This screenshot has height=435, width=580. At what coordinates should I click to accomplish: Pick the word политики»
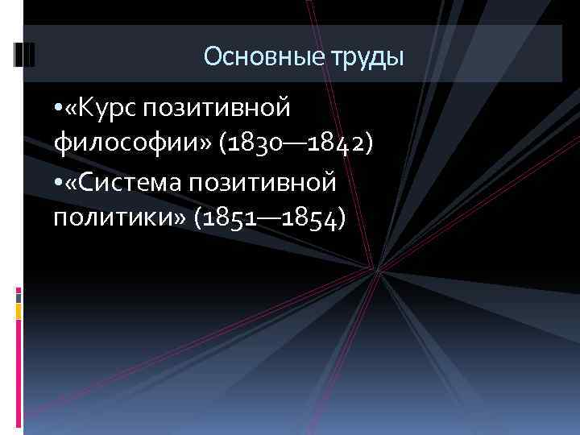click(x=119, y=218)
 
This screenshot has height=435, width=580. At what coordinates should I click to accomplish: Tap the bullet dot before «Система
click(x=59, y=184)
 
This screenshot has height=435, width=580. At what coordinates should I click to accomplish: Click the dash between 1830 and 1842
click(x=288, y=146)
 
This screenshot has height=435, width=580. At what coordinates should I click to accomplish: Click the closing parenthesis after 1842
click(x=367, y=145)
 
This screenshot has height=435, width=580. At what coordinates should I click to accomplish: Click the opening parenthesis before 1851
click(x=199, y=218)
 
